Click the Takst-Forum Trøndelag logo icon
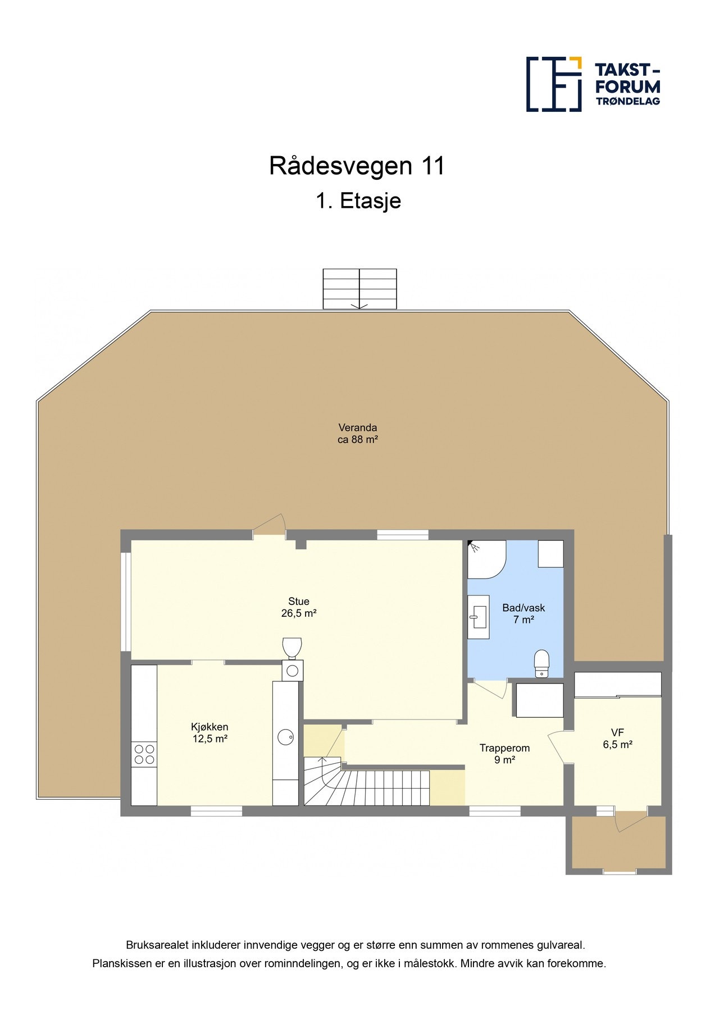coord(553,84)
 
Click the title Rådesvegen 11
coord(357,166)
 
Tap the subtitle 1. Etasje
coord(358,201)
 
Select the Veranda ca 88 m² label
coord(357,434)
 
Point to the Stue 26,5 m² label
coord(299,607)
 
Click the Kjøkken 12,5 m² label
coord(210,733)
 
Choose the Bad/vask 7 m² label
coord(523,614)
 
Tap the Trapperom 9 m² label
coord(504,754)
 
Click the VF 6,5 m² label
coord(617,738)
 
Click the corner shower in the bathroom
coord(486,558)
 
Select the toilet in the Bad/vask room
coord(541,664)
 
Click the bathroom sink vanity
coord(478,617)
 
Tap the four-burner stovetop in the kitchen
coord(144,754)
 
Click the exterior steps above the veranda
coord(359,289)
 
